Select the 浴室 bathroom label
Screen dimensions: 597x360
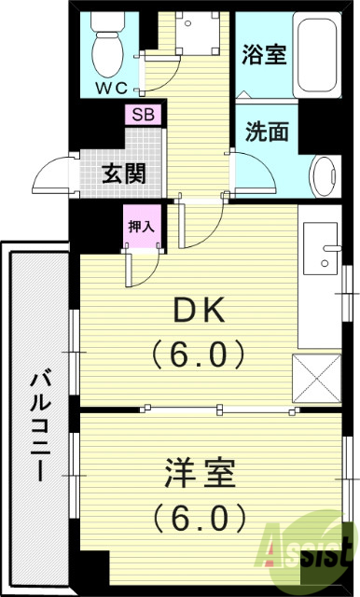pos(263,54)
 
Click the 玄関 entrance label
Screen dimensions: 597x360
pos(122,174)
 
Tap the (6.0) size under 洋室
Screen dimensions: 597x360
pos(200,515)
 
